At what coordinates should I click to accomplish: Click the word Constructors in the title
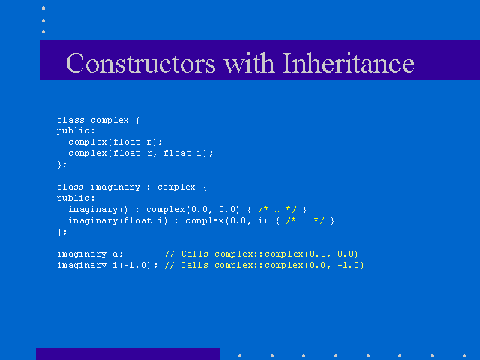click(x=141, y=63)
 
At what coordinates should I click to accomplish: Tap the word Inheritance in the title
click(x=348, y=63)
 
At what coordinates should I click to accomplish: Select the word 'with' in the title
click(x=249, y=63)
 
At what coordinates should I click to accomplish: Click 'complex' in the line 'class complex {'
click(x=109, y=121)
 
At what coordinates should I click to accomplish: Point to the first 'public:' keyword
click(x=76, y=131)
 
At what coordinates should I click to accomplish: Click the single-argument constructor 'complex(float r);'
click(x=115, y=142)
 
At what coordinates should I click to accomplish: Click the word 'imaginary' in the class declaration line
click(x=115, y=187)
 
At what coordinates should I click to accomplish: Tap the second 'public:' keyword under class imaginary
click(x=76, y=198)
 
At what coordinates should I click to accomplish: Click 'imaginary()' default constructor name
click(x=98, y=210)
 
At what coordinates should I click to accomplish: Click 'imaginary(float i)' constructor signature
click(x=118, y=221)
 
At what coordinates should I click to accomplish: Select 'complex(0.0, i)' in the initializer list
click(x=226, y=221)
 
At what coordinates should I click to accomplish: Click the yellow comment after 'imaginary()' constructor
click(x=277, y=210)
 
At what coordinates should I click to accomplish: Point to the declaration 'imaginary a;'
click(x=90, y=254)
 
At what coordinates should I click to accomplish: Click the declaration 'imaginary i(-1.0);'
click(x=107, y=265)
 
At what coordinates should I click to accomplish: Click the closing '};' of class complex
click(x=61, y=165)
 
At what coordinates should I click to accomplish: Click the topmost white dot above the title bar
click(x=43, y=8)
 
